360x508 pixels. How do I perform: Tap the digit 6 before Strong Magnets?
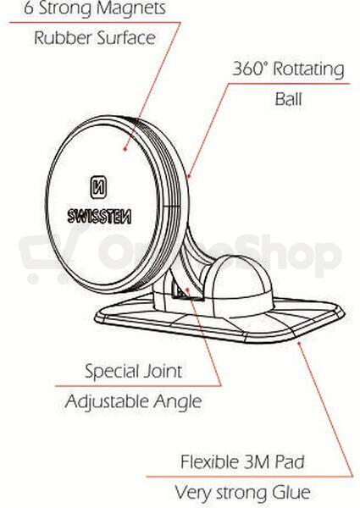[x=29, y=8]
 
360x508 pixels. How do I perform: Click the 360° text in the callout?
[x=251, y=68]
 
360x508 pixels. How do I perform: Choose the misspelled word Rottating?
[x=308, y=69]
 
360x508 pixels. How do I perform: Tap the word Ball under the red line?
[x=288, y=99]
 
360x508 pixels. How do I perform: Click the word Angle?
[x=178, y=402]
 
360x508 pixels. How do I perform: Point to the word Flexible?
[x=209, y=461]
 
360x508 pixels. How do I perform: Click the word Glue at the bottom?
[x=291, y=493]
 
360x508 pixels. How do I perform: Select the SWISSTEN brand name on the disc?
[x=99, y=216]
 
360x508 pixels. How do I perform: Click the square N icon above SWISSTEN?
[x=98, y=187]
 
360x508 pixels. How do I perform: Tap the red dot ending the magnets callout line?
[x=125, y=149]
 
